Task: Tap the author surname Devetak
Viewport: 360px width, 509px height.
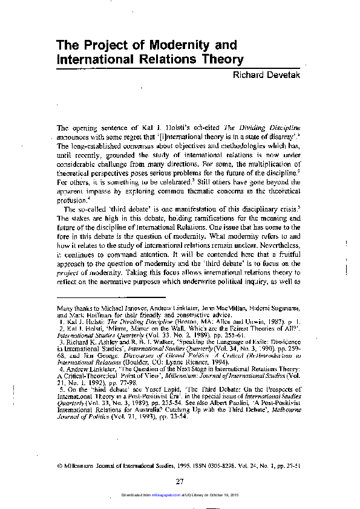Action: point(282,75)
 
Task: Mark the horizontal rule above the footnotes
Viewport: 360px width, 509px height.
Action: point(111,297)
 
